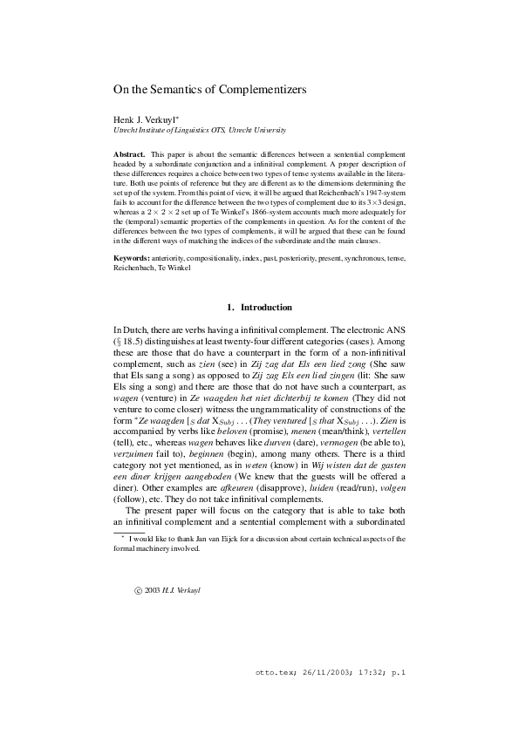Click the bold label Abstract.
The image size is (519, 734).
click(129, 153)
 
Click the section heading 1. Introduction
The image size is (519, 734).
click(259, 308)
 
